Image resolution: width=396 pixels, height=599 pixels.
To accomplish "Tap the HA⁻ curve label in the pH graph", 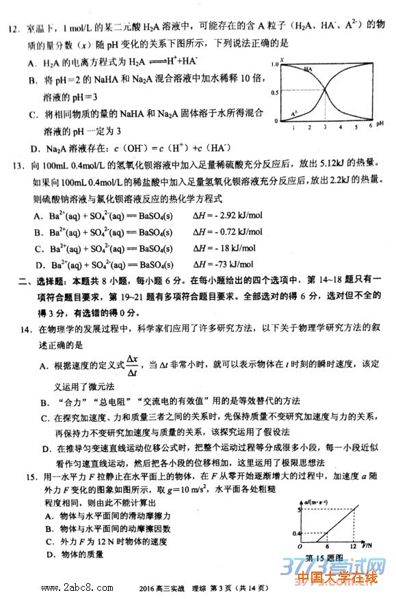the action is coord(309,70).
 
